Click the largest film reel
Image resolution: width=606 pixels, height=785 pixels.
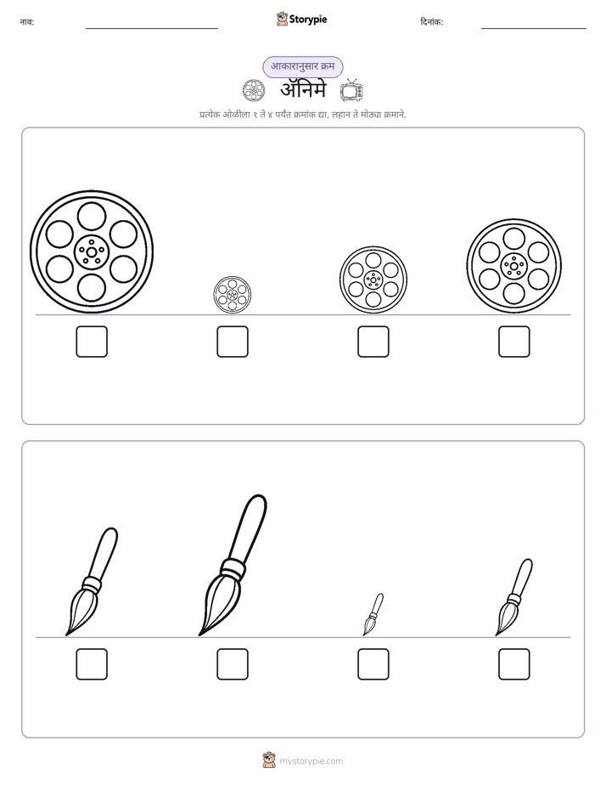92,251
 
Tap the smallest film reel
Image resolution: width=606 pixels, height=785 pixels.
233,296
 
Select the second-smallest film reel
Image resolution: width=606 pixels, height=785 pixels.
373,280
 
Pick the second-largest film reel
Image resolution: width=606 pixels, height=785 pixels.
514,266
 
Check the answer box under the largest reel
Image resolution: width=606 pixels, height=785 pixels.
92,342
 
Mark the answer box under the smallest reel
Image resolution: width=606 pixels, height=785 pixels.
233,342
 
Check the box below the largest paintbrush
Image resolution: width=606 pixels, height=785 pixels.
233,664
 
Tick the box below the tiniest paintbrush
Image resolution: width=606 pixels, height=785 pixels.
373,664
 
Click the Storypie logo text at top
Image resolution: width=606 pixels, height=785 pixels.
308,20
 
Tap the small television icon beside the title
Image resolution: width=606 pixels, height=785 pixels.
351,91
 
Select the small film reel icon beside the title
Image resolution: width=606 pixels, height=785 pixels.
254,91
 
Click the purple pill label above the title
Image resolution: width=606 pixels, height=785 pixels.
303,66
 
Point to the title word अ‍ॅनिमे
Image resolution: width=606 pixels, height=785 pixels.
303,90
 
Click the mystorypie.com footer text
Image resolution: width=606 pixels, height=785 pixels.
311,761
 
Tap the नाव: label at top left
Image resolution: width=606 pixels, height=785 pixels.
27,22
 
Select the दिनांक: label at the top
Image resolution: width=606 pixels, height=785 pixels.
432,22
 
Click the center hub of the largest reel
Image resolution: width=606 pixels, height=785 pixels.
92,251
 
